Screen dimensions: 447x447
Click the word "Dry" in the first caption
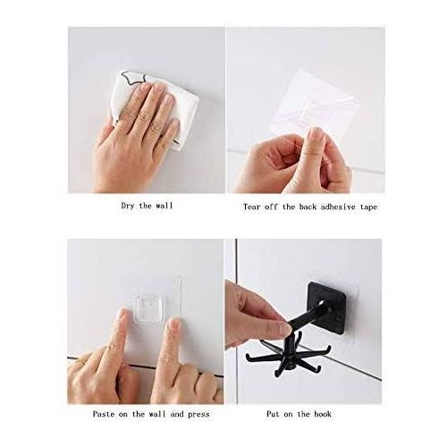(128, 206)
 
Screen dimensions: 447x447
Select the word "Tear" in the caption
(252, 207)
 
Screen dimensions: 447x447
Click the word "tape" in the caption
(369, 207)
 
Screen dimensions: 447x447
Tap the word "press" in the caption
(198, 415)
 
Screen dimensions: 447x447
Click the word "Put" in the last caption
(274, 414)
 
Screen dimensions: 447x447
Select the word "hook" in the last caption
(323, 414)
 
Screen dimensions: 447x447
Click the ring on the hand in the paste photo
(81, 362)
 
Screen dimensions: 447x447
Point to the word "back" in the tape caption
(308, 207)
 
